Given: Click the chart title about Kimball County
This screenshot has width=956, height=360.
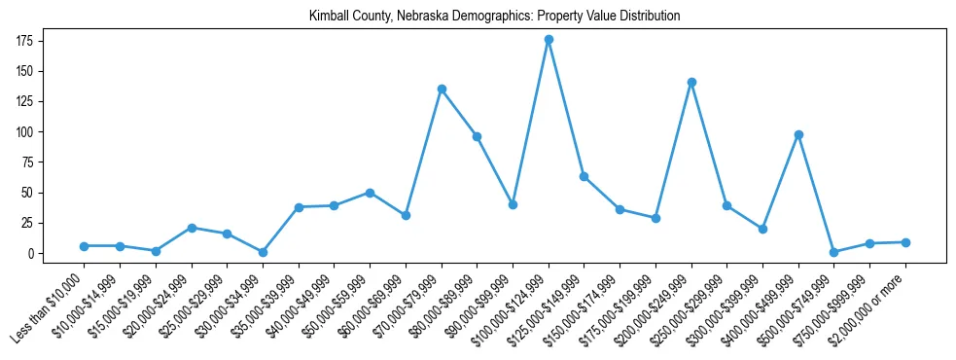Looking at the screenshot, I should pos(494,17).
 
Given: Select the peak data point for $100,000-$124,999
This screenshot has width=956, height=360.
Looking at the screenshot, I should pos(549,40).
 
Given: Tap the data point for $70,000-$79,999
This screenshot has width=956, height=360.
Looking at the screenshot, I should pos(442,89).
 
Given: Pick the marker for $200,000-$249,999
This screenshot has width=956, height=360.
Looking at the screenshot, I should pos(691,83).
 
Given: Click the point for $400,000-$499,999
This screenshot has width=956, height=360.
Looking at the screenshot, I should pos(798,134).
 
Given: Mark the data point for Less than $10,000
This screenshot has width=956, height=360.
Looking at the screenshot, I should pos(85,246).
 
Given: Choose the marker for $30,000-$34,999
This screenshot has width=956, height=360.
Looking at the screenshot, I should pos(263,252).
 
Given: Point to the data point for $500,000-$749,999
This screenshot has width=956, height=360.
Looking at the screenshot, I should pos(833,252).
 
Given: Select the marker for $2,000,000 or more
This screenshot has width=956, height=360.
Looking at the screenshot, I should pos(905,242).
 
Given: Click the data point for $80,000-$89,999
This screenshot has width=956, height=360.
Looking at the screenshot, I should pos(477,136).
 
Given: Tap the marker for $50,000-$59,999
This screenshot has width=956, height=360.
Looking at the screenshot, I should pos(370,193).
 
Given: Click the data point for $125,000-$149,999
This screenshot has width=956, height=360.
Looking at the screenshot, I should pos(584,176).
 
